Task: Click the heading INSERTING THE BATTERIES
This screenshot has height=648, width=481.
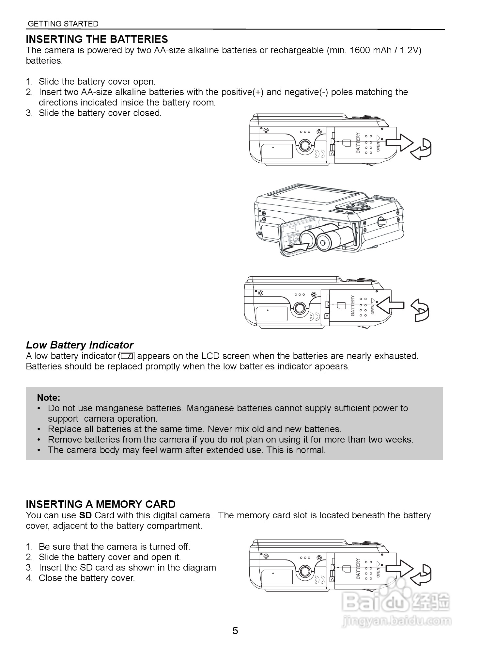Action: [x=97, y=39]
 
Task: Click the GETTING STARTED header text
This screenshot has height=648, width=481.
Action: [x=63, y=24]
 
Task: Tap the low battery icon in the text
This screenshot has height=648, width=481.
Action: [x=127, y=356]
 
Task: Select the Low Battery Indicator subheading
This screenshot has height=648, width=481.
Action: [x=80, y=345]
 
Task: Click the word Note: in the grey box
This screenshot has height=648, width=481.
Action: [x=49, y=397]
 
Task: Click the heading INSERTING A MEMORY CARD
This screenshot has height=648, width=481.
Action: [x=101, y=504]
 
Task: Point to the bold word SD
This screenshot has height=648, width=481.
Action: [x=85, y=515]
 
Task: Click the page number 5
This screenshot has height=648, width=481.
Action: [x=235, y=631]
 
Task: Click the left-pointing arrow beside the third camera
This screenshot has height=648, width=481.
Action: [x=390, y=305]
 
